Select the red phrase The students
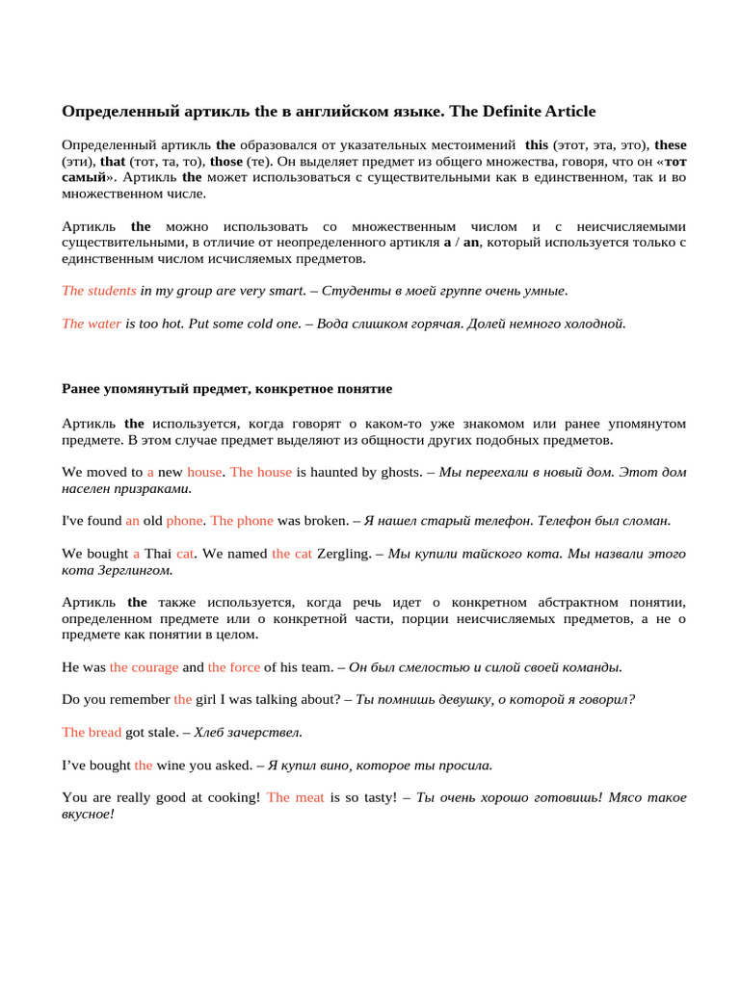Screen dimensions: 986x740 [x=99, y=290]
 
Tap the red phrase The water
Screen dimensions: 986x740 [x=92, y=324]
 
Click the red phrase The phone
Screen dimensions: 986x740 [x=242, y=520]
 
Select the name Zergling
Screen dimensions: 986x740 [x=344, y=554]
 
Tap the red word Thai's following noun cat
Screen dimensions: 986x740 [x=186, y=554]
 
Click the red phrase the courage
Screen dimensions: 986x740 [x=144, y=666]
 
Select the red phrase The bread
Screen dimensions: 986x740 [x=92, y=732]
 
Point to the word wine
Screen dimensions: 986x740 [x=171, y=765]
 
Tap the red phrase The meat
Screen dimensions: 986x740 [x=296, y=797]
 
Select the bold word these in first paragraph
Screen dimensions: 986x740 [x=671, y=144]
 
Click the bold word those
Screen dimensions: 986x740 [x=225, y=161]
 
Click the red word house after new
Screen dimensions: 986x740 [x=204, y=472]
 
